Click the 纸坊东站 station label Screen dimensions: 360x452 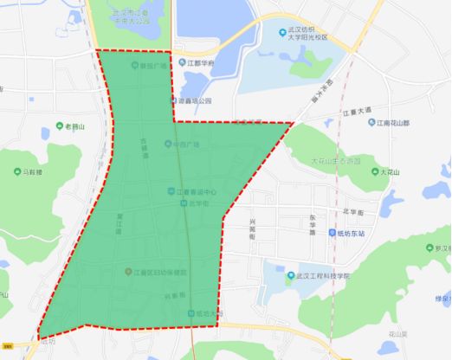tap(360, 232)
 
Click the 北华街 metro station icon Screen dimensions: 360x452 tap(184, 203)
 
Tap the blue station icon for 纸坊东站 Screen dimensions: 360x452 tap(333, 232)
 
